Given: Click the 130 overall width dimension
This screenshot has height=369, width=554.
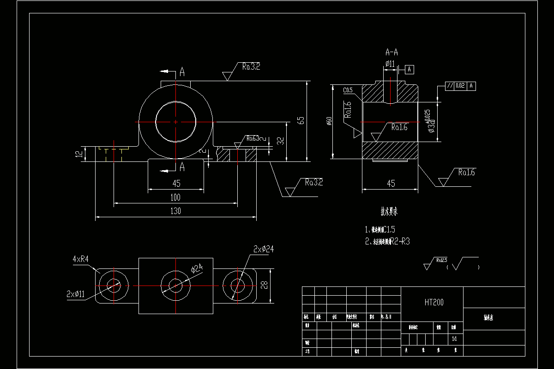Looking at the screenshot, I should coord(176,211).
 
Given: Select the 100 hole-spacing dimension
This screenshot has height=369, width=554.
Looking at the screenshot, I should coord(176,197).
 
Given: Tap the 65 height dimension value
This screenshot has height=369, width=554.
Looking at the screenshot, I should coord(301,120).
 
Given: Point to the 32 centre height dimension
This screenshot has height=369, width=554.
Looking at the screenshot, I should coord(280,141).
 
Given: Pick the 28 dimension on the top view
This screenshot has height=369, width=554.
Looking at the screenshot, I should coord(264,286).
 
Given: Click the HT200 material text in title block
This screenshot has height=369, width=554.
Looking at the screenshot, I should coord(434,303).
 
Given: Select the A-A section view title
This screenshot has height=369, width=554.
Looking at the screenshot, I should coord(391,53).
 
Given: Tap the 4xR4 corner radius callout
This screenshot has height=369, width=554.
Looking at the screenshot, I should coord(80,260).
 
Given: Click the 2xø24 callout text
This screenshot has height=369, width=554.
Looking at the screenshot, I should coord(264,249).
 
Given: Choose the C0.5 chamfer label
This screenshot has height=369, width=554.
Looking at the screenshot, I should coord(348,89).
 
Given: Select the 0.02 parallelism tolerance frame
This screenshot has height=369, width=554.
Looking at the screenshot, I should coord(460,86).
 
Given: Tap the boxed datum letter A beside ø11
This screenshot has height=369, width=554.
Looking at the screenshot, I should coord(409,70).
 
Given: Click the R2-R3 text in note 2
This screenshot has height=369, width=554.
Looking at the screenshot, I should coord(400,241).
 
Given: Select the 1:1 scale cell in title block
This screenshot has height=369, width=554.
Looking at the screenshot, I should coord(455,338).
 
